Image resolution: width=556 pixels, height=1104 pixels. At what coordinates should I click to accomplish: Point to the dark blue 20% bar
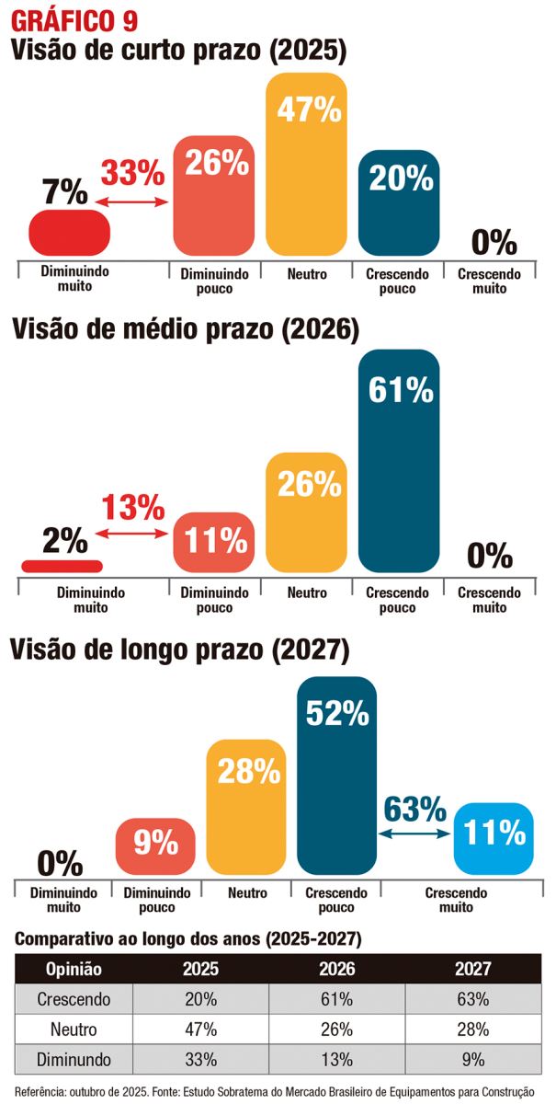tap(400, 202)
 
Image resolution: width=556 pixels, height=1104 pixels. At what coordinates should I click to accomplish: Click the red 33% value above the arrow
tap(132, 172)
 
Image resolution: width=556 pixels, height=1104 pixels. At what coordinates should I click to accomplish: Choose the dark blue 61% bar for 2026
tap(400, 460)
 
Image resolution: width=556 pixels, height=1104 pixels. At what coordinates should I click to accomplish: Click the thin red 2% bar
tap(62, 565)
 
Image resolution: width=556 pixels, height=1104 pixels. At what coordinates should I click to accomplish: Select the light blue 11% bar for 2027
tap(494, 836)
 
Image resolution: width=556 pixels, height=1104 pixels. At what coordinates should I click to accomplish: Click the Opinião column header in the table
tap(74, 969)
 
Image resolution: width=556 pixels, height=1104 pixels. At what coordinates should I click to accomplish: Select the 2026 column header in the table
tap(336, 969)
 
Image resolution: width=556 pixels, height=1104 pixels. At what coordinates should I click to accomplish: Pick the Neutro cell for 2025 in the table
tap(200, 1029)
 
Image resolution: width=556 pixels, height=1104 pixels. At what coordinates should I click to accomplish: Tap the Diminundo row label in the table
tap(74, 1059)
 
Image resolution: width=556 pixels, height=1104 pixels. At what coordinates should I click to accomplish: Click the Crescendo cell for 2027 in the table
tap(471, 999)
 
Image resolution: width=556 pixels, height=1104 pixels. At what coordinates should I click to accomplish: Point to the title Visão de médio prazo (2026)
tap(184, 330)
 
